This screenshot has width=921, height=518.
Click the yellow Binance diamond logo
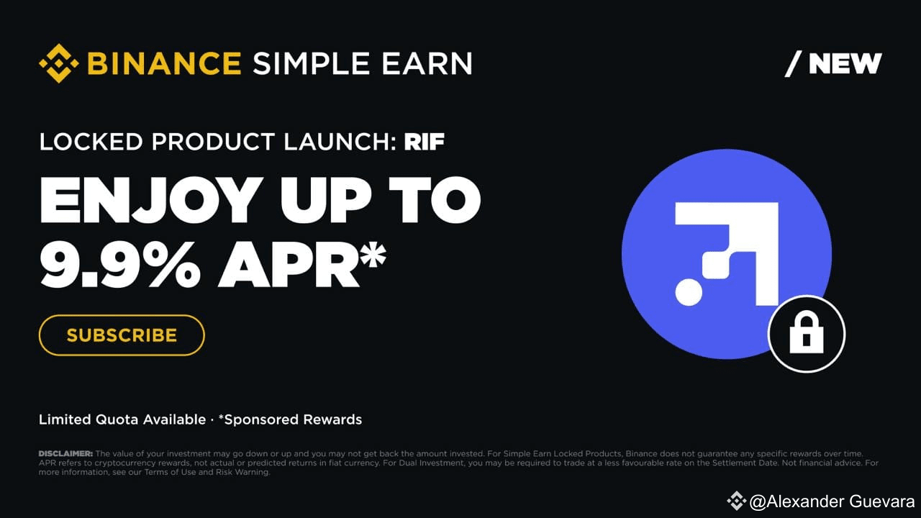tap(58, 63)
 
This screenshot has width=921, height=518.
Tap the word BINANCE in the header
tap(164, 63)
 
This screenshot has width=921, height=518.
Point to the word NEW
tap(845, 64)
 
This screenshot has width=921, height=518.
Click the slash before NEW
tap(793, 64)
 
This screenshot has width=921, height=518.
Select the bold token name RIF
tap(424, 142)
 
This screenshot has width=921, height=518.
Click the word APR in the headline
tap(288, 264)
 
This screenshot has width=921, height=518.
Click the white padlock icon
tap(806, 335)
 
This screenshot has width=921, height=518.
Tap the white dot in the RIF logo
tap(689, 292)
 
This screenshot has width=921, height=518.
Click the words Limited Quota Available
tap(122, 419)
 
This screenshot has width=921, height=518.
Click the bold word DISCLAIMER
tap(65, 454)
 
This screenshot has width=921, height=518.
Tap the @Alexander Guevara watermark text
tap(832, 501)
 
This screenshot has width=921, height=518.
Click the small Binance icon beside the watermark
tap(736, 501)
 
